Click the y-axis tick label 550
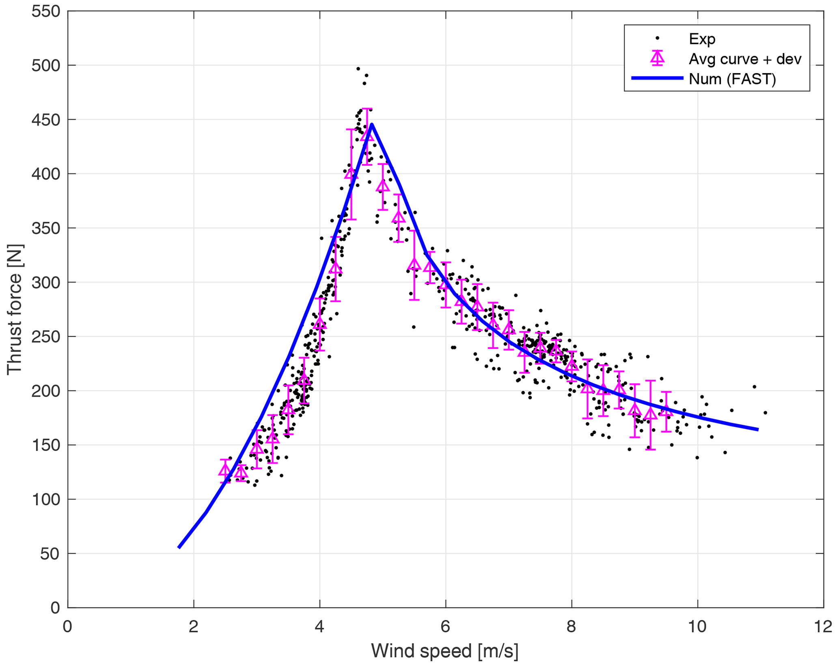[45, 11]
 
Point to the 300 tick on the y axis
[45, 282]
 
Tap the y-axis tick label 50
[50, 554]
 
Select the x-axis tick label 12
[823, 627]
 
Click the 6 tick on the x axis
[446, 627]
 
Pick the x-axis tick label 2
[194, 627]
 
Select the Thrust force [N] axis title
[15, 309]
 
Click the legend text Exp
[702, 39]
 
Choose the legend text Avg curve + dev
[745, 59]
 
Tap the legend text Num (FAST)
[732, 79]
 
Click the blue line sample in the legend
[657, 78]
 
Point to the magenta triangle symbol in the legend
[657, 59]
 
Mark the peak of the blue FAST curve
[371, 124]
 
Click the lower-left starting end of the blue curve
[179, 547]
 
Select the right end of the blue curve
[757, 429]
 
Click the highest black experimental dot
[358, 69]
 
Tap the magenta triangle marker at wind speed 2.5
[225, 471]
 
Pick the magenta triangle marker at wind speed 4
[320, 323]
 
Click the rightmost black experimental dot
[765, 413]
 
